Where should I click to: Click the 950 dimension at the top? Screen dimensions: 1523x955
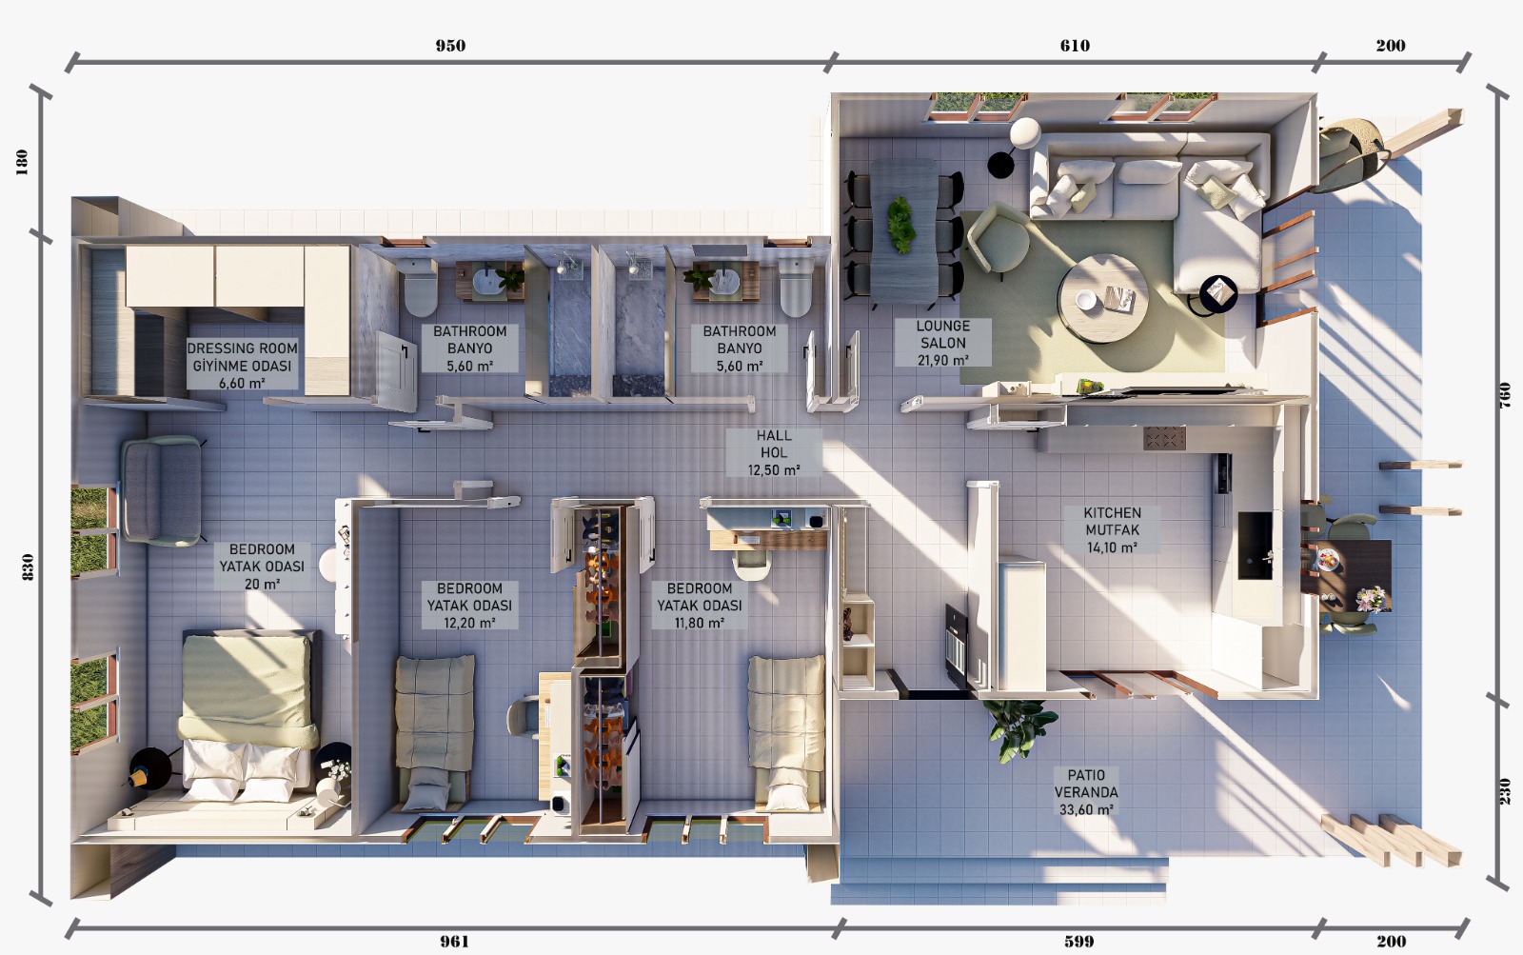450,46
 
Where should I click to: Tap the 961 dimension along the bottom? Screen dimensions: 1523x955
454,942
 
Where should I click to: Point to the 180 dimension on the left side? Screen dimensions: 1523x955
22,162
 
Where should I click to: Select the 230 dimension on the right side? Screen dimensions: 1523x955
1505,791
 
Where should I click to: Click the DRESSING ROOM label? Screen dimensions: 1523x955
242,348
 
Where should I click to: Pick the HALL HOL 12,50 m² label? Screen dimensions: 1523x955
774,452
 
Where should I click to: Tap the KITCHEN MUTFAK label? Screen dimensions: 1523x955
1113,521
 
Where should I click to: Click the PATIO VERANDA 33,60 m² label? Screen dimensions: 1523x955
1086,792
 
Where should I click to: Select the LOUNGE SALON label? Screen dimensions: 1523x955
943,334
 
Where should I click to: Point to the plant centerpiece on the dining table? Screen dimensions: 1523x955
900,225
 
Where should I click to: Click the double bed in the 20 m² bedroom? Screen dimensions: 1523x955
248,714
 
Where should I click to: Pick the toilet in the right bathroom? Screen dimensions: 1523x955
796,287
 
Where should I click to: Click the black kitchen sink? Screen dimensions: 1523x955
1255,546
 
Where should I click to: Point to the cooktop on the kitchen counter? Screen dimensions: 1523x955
1164,438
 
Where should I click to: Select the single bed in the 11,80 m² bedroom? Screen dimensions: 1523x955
786,733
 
